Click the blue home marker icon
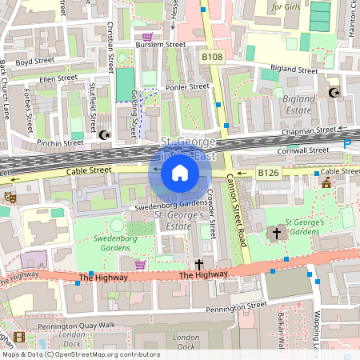[180, 172]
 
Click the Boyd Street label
[34, 61]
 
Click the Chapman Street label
[308, 130]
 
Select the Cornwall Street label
[305, 150]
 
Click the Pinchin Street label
[59, 142]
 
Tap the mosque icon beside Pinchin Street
[104, 134]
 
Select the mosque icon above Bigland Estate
[334, 93]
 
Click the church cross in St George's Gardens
[277, 234]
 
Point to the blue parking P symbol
[347, 144]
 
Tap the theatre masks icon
[10, 196]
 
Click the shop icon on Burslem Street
[146, 36]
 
